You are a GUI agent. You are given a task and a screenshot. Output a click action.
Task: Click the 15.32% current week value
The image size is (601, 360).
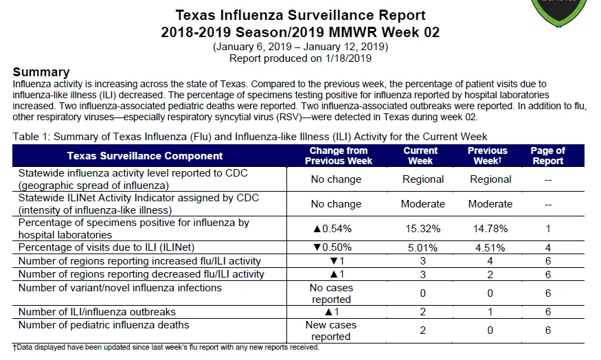click(x=423, y=229)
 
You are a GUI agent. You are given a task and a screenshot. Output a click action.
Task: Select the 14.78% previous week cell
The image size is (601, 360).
click(x=490, y=229)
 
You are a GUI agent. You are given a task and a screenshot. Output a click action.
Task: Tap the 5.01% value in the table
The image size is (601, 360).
click(x=423, y=248)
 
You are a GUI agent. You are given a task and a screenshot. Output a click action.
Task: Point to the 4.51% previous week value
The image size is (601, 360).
click(x=490, y=248)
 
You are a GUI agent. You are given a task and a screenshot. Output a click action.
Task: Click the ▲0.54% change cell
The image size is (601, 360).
click(x=332, y=229)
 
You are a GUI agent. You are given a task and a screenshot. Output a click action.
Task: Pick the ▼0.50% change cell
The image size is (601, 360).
click(x=332, y=247)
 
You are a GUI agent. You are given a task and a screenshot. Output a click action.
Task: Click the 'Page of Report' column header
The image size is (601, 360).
click(x=547, y=156)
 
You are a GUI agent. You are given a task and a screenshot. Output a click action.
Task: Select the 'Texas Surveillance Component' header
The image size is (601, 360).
click(x=145, y=156)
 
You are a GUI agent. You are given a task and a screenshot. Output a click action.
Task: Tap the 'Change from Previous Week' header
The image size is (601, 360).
click(x=339, y=156)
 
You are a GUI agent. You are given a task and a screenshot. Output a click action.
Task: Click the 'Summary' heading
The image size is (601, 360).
click(x=41, y=72)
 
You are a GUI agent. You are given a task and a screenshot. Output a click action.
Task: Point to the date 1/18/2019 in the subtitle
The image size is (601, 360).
click(x=348, y=58)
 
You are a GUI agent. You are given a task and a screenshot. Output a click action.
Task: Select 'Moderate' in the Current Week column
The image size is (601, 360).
click(x=423, y=204)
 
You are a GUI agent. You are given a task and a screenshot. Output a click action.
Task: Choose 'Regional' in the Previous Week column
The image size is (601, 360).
click(x=490, y=179)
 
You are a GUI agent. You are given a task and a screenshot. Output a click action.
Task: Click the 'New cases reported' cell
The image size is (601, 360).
click(x=331, y=330)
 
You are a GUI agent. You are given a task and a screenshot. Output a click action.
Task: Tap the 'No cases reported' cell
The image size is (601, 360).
click(x=331, y=293)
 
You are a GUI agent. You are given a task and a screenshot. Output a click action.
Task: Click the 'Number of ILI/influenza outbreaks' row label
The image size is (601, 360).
click(x=97, y=312)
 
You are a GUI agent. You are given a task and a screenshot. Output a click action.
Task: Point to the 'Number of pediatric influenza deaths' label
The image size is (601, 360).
click(x=104, y=325)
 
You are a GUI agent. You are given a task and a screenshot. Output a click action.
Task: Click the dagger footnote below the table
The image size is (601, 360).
click(x=166, y=348)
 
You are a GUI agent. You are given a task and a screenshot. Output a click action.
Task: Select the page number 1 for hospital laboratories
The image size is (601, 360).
click(x=548, y=229)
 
